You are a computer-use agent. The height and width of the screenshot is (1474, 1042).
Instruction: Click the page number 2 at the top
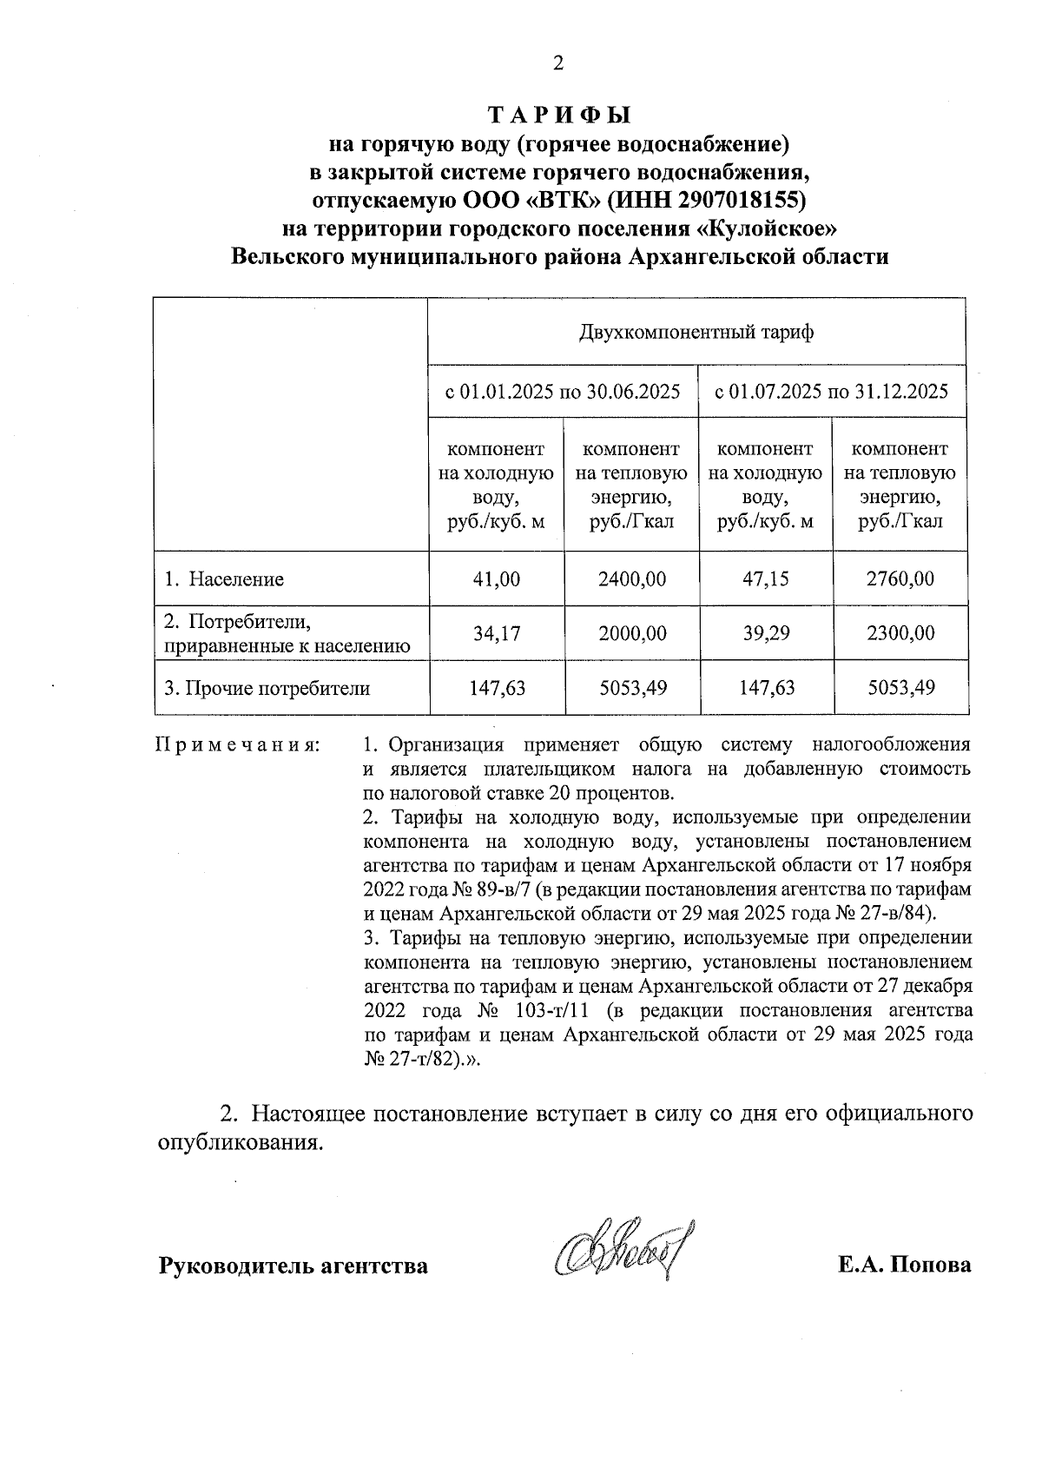pos(558,63)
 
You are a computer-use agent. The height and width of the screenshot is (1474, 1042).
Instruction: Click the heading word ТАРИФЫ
pos(558,116)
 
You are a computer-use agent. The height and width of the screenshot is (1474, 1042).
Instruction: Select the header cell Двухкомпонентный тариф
pos(696,333)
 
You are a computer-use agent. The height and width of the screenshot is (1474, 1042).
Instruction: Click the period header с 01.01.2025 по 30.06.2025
pos(563,392)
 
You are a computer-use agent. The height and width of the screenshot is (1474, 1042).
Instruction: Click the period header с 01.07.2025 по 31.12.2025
pos(831,392)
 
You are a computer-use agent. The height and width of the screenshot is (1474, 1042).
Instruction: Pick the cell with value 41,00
pos(497,579)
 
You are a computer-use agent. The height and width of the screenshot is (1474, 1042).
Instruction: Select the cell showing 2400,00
pos(632,579)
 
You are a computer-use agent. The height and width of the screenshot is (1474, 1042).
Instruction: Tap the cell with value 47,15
pos(766,579)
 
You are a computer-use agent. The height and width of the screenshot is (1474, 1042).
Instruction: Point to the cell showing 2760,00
pos(900,579)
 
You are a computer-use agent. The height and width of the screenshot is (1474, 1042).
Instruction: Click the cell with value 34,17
pos(497,634)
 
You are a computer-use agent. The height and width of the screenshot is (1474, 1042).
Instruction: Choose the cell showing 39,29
pos(766,634)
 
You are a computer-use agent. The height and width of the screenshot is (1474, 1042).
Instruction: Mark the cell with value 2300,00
pos(900,634)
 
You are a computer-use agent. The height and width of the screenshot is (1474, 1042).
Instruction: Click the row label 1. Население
pos(225,579)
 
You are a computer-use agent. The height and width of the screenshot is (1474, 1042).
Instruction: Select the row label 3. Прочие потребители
pos(267,689)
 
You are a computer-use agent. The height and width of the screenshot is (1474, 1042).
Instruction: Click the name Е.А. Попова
pos(904,1265)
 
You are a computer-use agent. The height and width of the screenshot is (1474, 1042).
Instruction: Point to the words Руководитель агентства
pos(293,1266)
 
